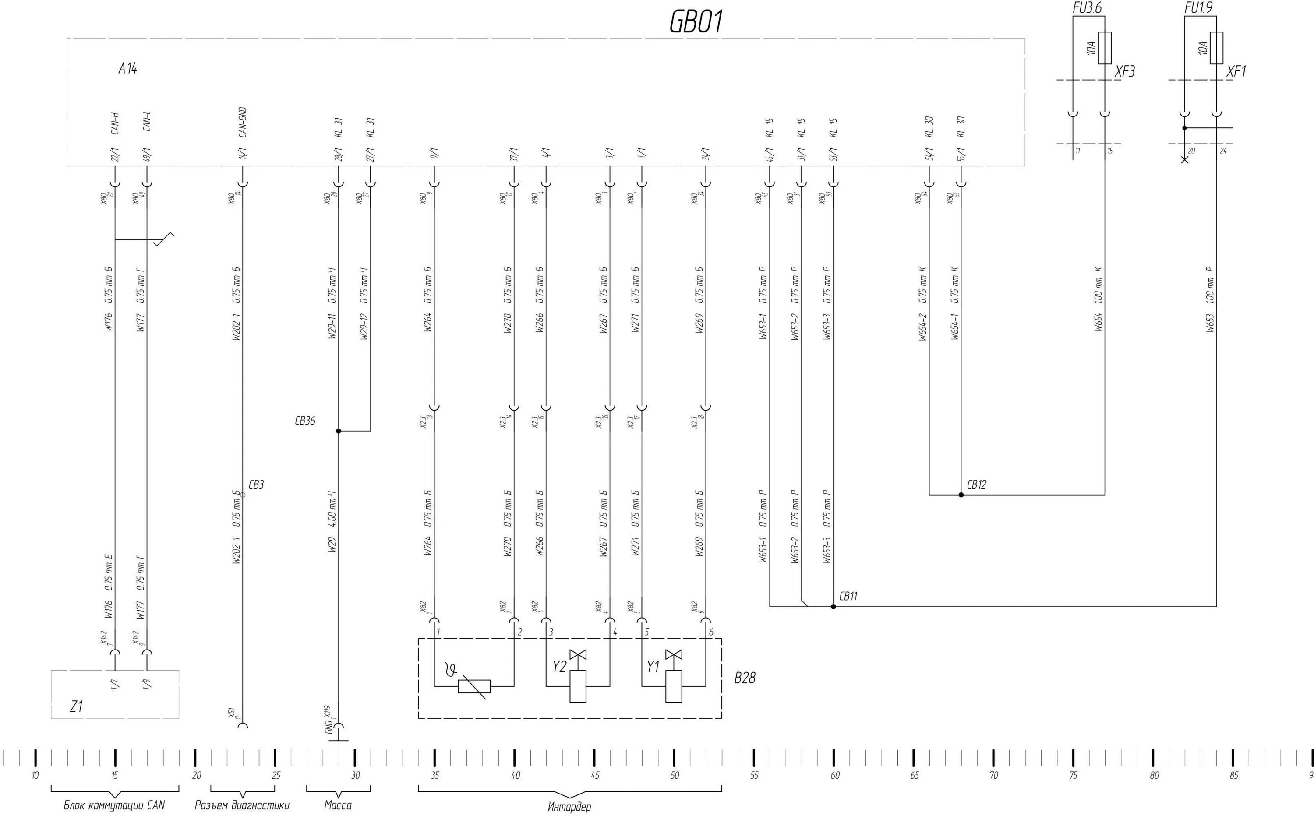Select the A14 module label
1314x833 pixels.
coord(128,69)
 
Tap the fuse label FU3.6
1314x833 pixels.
coord(1086,7)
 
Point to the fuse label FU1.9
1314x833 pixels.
coord(1198,7)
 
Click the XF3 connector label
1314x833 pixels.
coord(1125,71)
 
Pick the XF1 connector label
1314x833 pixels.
coord(1236,71)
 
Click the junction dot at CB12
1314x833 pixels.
coord(961,495)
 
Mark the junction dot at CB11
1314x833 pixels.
coord(833,606)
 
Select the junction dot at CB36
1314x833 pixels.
coord(338,431)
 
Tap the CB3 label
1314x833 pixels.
coord(256,485)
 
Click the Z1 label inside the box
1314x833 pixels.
coord(76,706)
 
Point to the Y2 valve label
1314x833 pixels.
coord(559,667)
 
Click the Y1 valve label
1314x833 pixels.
coord(653,667)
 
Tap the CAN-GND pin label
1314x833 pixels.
coord(243,122)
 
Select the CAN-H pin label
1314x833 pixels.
coord(115,124)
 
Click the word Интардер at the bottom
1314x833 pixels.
coord(569,806)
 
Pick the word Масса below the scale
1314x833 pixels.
coord(338,805)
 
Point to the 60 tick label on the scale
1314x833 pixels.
coord(835,775)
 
